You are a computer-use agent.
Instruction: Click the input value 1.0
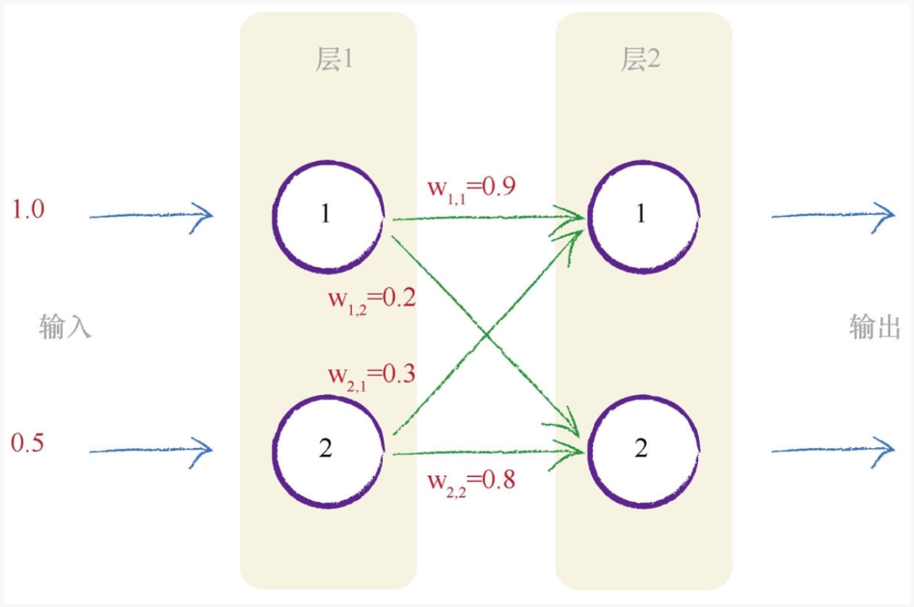(28, 209)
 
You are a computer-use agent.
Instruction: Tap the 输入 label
(66, 328)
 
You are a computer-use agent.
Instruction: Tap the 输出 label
(874, 328)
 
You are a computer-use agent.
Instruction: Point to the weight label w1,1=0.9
(472, 187)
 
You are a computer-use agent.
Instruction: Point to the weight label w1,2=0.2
(372, 300)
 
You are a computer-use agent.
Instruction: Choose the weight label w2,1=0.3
(372, 375)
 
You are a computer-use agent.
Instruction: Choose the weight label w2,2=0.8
(472, 478)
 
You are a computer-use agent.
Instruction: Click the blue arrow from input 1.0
(150, 216)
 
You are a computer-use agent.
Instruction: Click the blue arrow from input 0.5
(150, 449)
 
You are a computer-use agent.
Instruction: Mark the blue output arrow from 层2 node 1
(833, 215)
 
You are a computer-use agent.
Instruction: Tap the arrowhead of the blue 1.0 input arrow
(204, 215)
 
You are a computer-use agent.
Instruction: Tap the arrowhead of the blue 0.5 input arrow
(204, 448)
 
